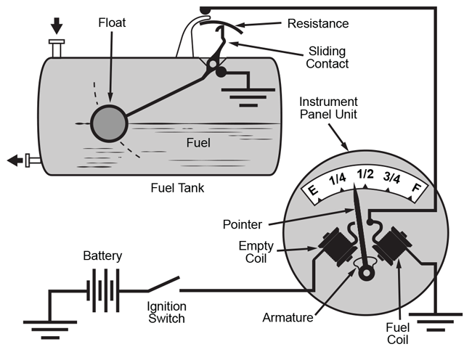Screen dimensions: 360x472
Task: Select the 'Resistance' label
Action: point(318,24)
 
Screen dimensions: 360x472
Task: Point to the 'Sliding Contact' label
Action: point(327,57)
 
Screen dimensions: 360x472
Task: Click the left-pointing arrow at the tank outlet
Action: point(13,160)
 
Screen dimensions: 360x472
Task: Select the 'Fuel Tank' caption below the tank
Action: point(177,188)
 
